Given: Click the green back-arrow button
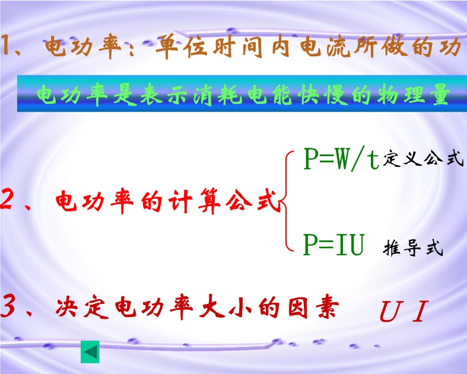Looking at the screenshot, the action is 90,352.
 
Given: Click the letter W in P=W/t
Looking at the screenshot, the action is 341,159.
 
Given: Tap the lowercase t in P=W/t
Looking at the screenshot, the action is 373,161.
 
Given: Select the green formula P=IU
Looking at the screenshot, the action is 334,245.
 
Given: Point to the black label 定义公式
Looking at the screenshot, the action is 424,159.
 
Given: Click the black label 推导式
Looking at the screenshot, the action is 413,248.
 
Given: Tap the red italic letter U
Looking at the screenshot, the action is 390,312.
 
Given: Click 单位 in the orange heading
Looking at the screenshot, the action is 182,46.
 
